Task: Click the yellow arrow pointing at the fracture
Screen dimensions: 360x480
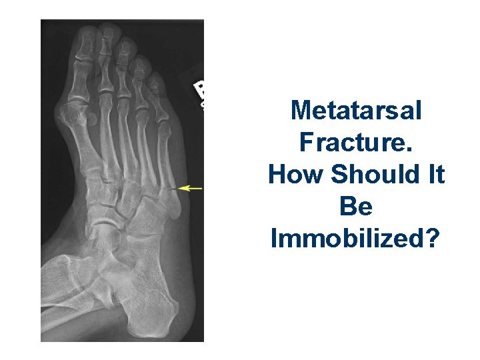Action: pos(191,189)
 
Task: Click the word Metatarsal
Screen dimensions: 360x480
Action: pos(357,110)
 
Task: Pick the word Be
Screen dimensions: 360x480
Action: pos(356,207)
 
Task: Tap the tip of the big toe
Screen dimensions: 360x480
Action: pos(87,30)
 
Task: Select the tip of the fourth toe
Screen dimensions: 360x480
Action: pos(140,61)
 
